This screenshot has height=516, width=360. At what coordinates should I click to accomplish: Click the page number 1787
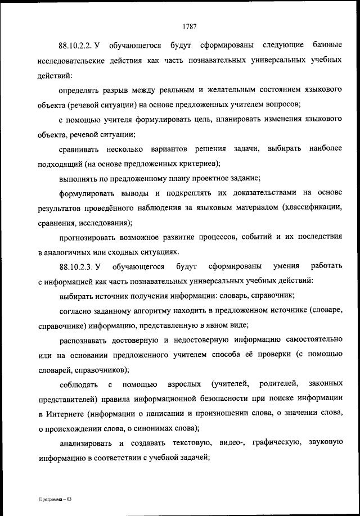pyautogui.click(x=189, y=25)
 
